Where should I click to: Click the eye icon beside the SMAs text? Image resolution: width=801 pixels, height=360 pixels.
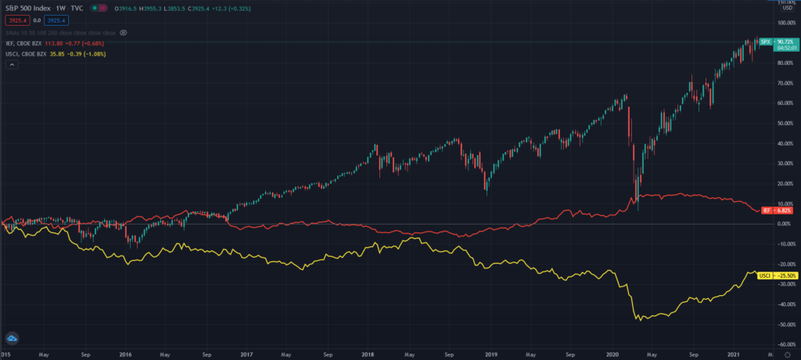click(x=124, y=33)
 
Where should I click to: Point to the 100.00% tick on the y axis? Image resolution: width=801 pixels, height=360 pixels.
click(x=785, y=23)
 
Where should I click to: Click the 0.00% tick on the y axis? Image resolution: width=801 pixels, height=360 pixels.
click(x=785, y=224)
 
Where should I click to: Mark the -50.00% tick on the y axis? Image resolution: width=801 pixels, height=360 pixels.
click(x=785, y=324)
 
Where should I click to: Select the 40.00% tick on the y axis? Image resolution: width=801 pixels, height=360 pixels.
click(x=785, y=143)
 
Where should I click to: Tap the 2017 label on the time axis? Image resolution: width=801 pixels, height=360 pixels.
click(x=248, y=354)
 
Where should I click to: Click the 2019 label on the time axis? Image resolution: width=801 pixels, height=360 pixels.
click(x=490, y=354)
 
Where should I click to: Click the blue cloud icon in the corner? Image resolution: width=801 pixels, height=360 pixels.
click(x=12, y=337)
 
